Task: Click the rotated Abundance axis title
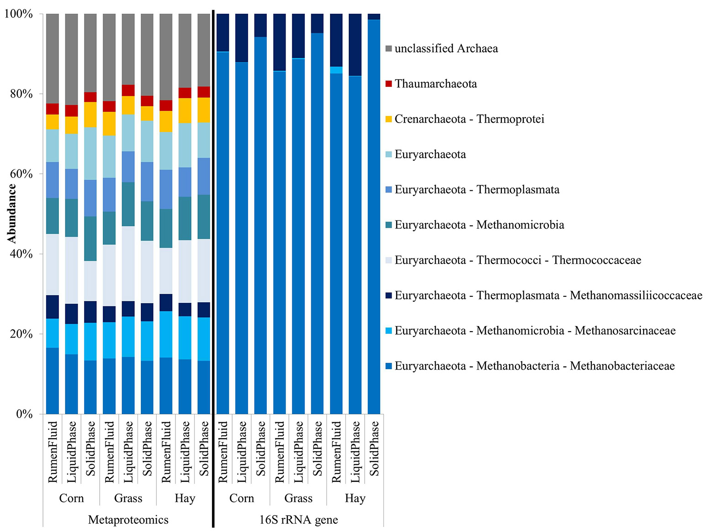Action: [x=11, y=213]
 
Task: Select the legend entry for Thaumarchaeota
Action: [x=436, y=84]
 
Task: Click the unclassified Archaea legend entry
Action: [x=446, y=48]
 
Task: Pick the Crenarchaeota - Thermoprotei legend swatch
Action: [x=389, y=119]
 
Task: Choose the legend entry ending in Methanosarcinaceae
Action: [x=535, y=331]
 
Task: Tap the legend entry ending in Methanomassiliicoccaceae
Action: [x=548, y=296]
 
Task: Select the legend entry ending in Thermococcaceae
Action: [x=517, y=260]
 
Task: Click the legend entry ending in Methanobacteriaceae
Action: [x=534, y=366]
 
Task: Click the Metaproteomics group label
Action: [x=128, y=520]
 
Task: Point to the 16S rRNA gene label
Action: [x=298, y=520]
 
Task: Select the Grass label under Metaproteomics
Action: [x=128, y=498]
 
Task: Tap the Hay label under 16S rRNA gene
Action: [x=355, y=498]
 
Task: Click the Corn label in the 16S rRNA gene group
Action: [x=241, y=498]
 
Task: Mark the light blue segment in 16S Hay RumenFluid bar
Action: [x=336, y=70]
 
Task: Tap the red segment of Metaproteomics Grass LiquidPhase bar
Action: [x=128, y=90]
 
